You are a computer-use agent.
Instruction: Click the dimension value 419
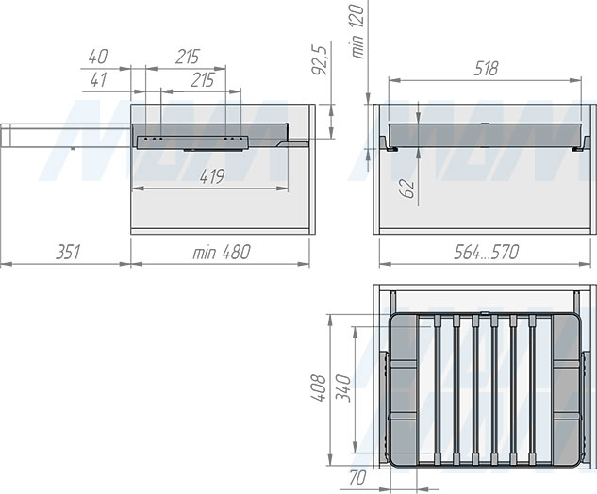(x=212, y=176)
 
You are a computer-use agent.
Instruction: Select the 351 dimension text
(x=68, y=253)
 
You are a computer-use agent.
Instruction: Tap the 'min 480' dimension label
(x=222, y=253)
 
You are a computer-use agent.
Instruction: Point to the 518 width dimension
(x=486, y=69)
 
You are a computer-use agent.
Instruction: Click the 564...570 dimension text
(x=487, y=253)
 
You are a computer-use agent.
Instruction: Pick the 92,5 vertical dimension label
(x=320, y=59)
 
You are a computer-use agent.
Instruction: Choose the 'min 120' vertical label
(x=357, y=31)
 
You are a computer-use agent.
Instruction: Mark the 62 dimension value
(x=407, y=189)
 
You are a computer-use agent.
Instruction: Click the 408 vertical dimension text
(x=318, y=387)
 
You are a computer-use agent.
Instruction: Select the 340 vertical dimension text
(x=342, y=387)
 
